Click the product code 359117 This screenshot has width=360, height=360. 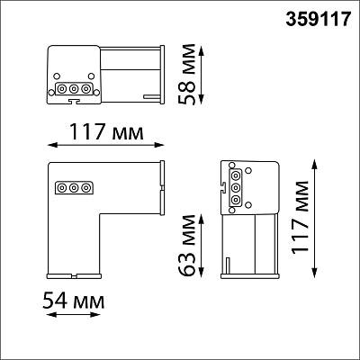[318, 19]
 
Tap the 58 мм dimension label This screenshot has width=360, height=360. [186, 75]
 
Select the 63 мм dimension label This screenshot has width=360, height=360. [186, 245]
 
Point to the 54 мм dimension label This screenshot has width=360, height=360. [74, 301]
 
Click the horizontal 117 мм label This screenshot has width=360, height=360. [106, 131]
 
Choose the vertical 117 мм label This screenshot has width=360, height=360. [301, 218]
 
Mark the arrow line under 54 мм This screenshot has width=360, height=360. [74, 315]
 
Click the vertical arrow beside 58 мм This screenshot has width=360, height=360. [202, 75]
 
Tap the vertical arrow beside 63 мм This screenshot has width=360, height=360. [202, 246]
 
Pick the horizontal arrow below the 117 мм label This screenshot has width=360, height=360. [106, 145]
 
